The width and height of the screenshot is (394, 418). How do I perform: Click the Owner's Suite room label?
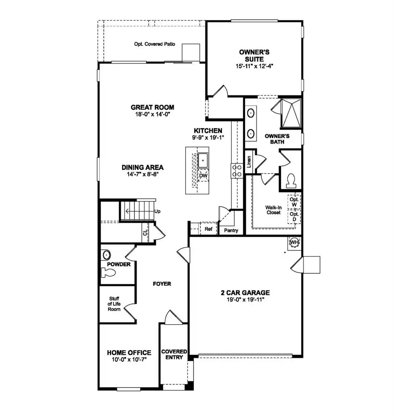pos(254,55)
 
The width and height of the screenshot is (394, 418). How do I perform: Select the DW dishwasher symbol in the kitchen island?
pos(203,176)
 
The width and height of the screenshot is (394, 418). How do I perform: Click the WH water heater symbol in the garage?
pos(294,242)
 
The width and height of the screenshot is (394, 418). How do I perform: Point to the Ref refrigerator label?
pos(208,229)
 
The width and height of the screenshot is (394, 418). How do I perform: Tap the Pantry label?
pos(231,230)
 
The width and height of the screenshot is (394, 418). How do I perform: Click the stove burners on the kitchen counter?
pos(237,170)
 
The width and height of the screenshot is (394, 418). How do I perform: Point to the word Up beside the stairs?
pos(158,211)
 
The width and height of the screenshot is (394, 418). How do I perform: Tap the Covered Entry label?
pos(174,355)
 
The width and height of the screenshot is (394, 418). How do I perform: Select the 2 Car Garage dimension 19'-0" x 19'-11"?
pos(245,300)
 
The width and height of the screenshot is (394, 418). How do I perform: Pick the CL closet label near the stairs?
pos(145,233)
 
